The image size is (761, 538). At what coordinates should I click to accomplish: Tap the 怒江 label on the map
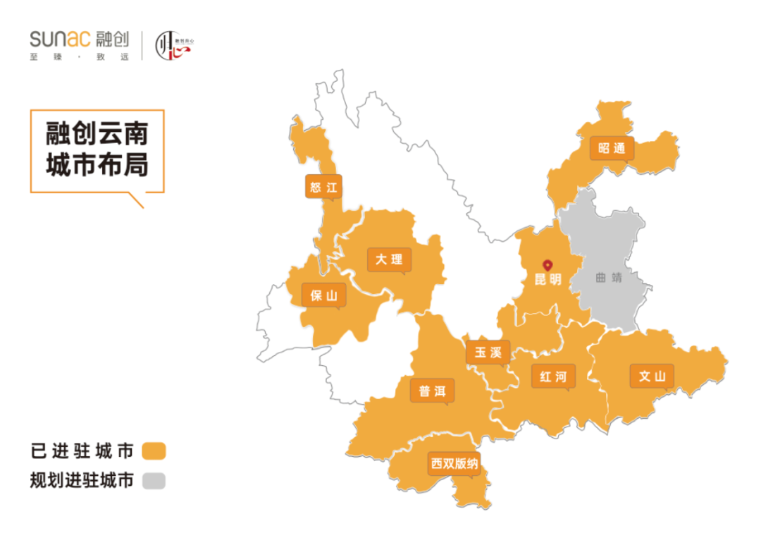point(323,188)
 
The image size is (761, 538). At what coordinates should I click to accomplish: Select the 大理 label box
point(389,259)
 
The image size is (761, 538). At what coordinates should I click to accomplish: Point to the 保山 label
point(324,295)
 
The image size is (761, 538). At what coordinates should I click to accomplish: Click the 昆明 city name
point(547,280)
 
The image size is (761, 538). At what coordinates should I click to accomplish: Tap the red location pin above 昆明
point(547,266)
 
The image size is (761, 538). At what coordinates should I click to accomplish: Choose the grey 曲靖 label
point(609,278)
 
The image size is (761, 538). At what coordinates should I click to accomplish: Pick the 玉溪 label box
point(488,353)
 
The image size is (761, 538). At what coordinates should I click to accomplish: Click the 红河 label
point(553,377)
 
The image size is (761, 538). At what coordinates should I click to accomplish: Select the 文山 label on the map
point(652,376)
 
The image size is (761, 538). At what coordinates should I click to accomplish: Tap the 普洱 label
point(432,391)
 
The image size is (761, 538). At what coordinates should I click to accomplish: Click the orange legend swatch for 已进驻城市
point(154,451)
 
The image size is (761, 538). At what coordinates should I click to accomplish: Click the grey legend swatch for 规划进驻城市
point(154,482)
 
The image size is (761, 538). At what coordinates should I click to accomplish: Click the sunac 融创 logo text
point(80,39)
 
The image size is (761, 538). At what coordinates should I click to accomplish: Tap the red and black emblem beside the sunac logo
point(172,45)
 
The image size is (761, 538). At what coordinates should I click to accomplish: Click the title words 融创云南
point(97,133)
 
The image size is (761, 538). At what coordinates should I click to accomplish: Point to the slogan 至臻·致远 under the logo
point(80,56)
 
